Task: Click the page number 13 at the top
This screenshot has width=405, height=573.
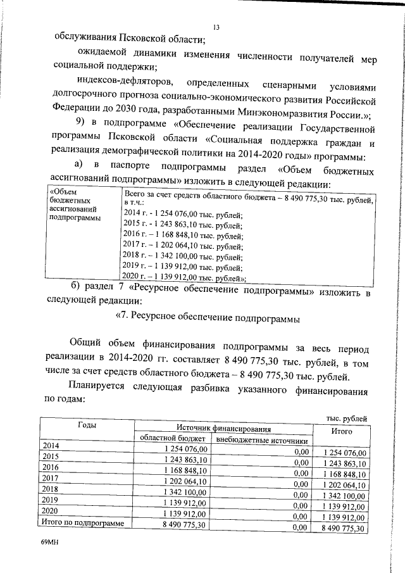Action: coord(216,27)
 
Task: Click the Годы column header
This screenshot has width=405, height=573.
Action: coord(87,425)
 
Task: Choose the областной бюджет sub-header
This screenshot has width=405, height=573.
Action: coord(172,439)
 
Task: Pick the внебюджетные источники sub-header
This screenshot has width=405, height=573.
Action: coord(262,441)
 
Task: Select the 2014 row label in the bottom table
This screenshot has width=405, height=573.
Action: coord(51,446)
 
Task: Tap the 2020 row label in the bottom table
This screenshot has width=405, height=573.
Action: coord(51,510)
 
